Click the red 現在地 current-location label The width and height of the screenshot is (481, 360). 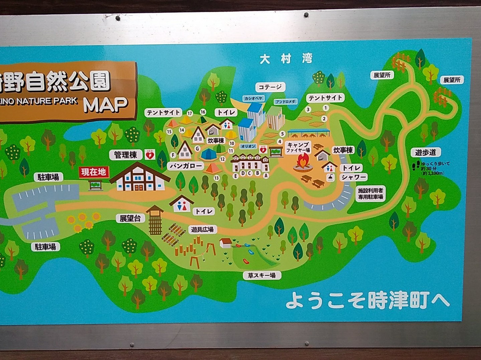(x=94, y=172)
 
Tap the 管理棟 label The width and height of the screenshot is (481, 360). (x=126, y=155)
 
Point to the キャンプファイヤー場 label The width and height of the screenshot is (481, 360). (x=298, y=147)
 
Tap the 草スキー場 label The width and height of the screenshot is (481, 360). (x=262, y=275)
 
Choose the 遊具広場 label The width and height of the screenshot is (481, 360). (x=202, y=229)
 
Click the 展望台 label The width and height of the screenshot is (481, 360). (x=130, y=218)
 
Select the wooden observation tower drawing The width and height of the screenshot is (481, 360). (x=155, y=220)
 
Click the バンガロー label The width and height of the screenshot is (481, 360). (x=186, y=166)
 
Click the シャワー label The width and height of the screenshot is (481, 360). (x=354, y=177)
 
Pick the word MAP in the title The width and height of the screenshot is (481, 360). (x=106, y=105)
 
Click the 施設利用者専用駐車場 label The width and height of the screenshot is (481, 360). (x=371, y=194)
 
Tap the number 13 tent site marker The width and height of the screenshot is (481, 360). (x=216, y=178)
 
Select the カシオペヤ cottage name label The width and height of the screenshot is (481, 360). (x=253, y=98)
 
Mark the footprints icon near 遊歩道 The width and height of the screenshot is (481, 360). (x=417, y=166)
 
